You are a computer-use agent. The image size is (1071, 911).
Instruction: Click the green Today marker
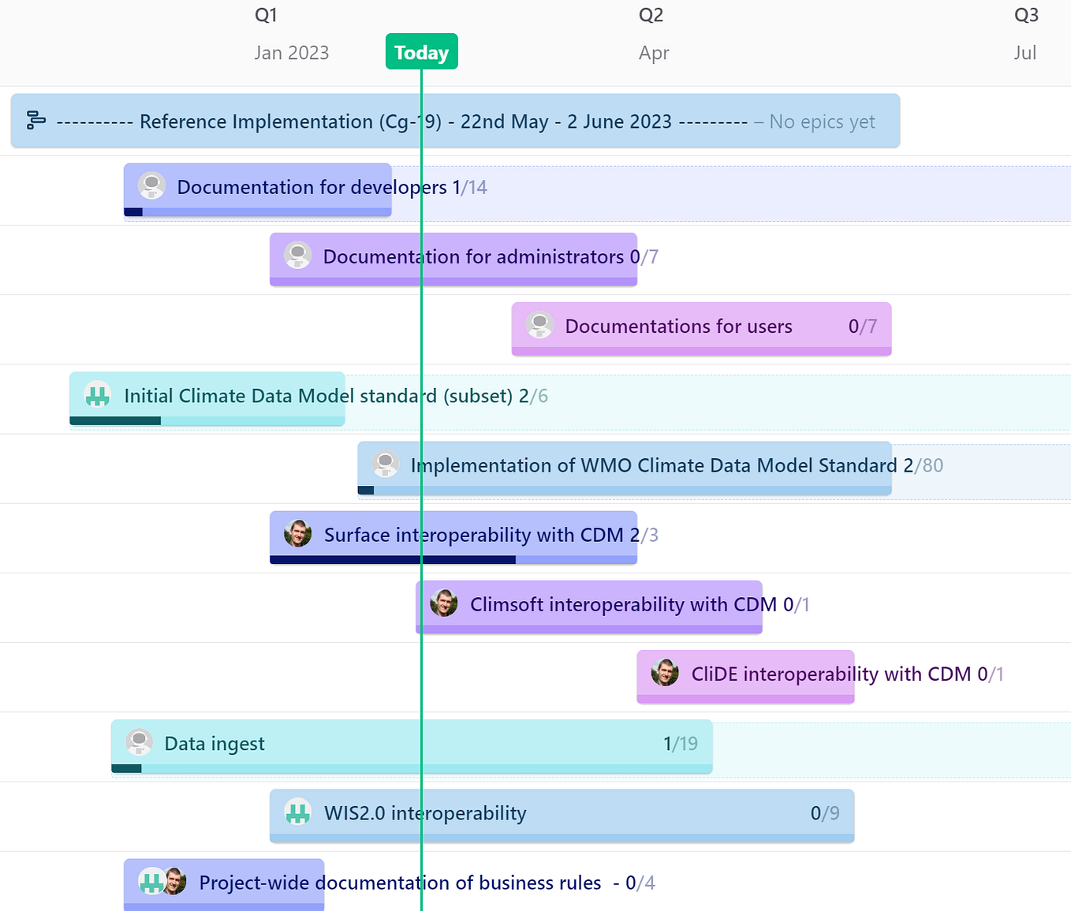[421, 52]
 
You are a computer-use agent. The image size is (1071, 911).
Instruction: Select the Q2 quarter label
[651, 16]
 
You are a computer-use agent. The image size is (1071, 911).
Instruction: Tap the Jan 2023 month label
[291, 53]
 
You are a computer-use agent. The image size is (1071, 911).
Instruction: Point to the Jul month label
[1024, 53]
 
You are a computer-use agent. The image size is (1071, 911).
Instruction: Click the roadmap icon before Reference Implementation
[36, 121]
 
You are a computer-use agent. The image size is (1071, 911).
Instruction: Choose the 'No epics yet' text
[822, 121]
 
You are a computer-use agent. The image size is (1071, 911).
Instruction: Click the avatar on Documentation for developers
[151, 186]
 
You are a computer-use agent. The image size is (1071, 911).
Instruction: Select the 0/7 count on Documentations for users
[862, 327]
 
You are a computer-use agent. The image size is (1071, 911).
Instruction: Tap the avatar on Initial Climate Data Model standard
[98, 395]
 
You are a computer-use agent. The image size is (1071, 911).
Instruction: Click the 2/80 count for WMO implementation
[923, 465]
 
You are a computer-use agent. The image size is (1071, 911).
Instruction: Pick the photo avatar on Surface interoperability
[298, 534]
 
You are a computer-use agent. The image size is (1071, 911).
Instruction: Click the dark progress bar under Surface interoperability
[392, 560]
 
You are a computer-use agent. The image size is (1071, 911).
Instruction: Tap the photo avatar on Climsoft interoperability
[444, 603]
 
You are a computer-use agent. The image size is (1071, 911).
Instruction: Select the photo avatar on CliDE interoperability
[665, 673]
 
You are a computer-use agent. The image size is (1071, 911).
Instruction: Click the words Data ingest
[215, 744]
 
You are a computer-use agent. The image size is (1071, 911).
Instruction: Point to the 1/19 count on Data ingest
[680, 744]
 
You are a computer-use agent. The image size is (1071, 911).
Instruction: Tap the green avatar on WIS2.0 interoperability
[298, 812]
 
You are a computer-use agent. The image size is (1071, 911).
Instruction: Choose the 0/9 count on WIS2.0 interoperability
[824, 813]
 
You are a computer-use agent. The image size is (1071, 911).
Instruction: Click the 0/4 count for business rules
[640, 883]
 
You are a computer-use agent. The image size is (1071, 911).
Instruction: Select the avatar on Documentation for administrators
[297, 256]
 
